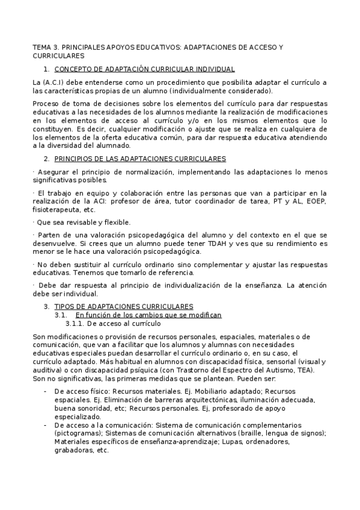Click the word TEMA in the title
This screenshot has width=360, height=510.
click(x=41, y=46)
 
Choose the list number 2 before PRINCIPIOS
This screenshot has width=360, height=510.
click(x=46, y=159)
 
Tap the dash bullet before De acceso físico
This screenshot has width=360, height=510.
click(x=46, y=391)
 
